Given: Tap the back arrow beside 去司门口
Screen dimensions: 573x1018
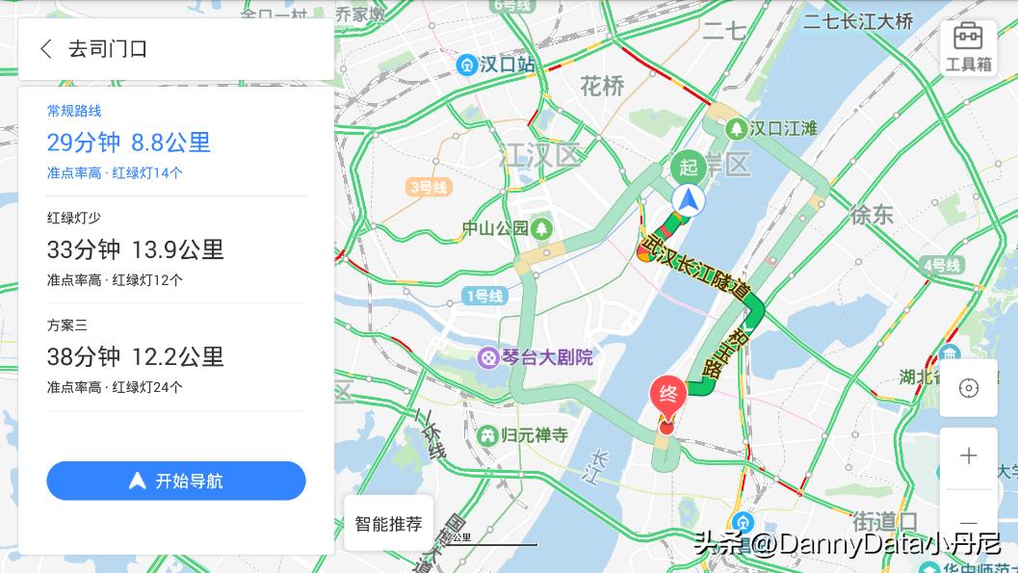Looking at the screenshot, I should pos(45,49).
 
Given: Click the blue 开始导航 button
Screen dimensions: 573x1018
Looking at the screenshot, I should pos(176,481).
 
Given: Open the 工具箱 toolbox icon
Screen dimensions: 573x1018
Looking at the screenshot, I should pos(968,47).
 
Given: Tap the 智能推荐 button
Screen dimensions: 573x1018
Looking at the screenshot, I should pos(388,524).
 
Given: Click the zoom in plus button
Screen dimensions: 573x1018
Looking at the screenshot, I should pos(968,456).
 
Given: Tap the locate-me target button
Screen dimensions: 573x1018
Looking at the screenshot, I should pos(968,388).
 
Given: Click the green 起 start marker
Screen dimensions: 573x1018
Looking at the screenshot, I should pos(688,167).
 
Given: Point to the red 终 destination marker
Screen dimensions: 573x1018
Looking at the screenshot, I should pos(667,396).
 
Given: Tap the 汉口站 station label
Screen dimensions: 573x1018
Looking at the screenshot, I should pos(497,65).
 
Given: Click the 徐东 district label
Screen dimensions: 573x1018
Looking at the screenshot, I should pos(871,215).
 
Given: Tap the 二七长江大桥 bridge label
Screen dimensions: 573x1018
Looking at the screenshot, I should pos(858,21).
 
